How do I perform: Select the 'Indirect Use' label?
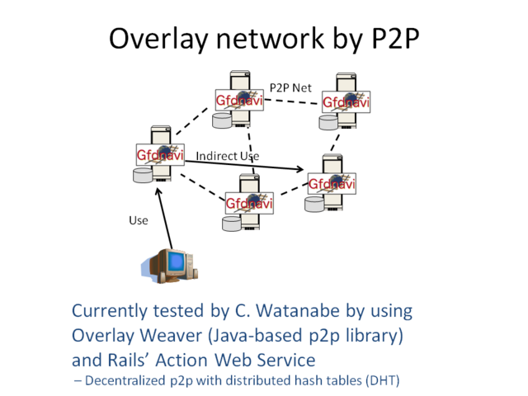228,156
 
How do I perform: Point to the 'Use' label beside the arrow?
138,219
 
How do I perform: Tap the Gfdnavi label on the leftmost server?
159,154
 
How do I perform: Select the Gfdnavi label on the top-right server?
346,101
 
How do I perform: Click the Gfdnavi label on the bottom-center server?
249,203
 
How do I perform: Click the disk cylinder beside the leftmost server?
143,175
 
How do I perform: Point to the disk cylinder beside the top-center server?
222,120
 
